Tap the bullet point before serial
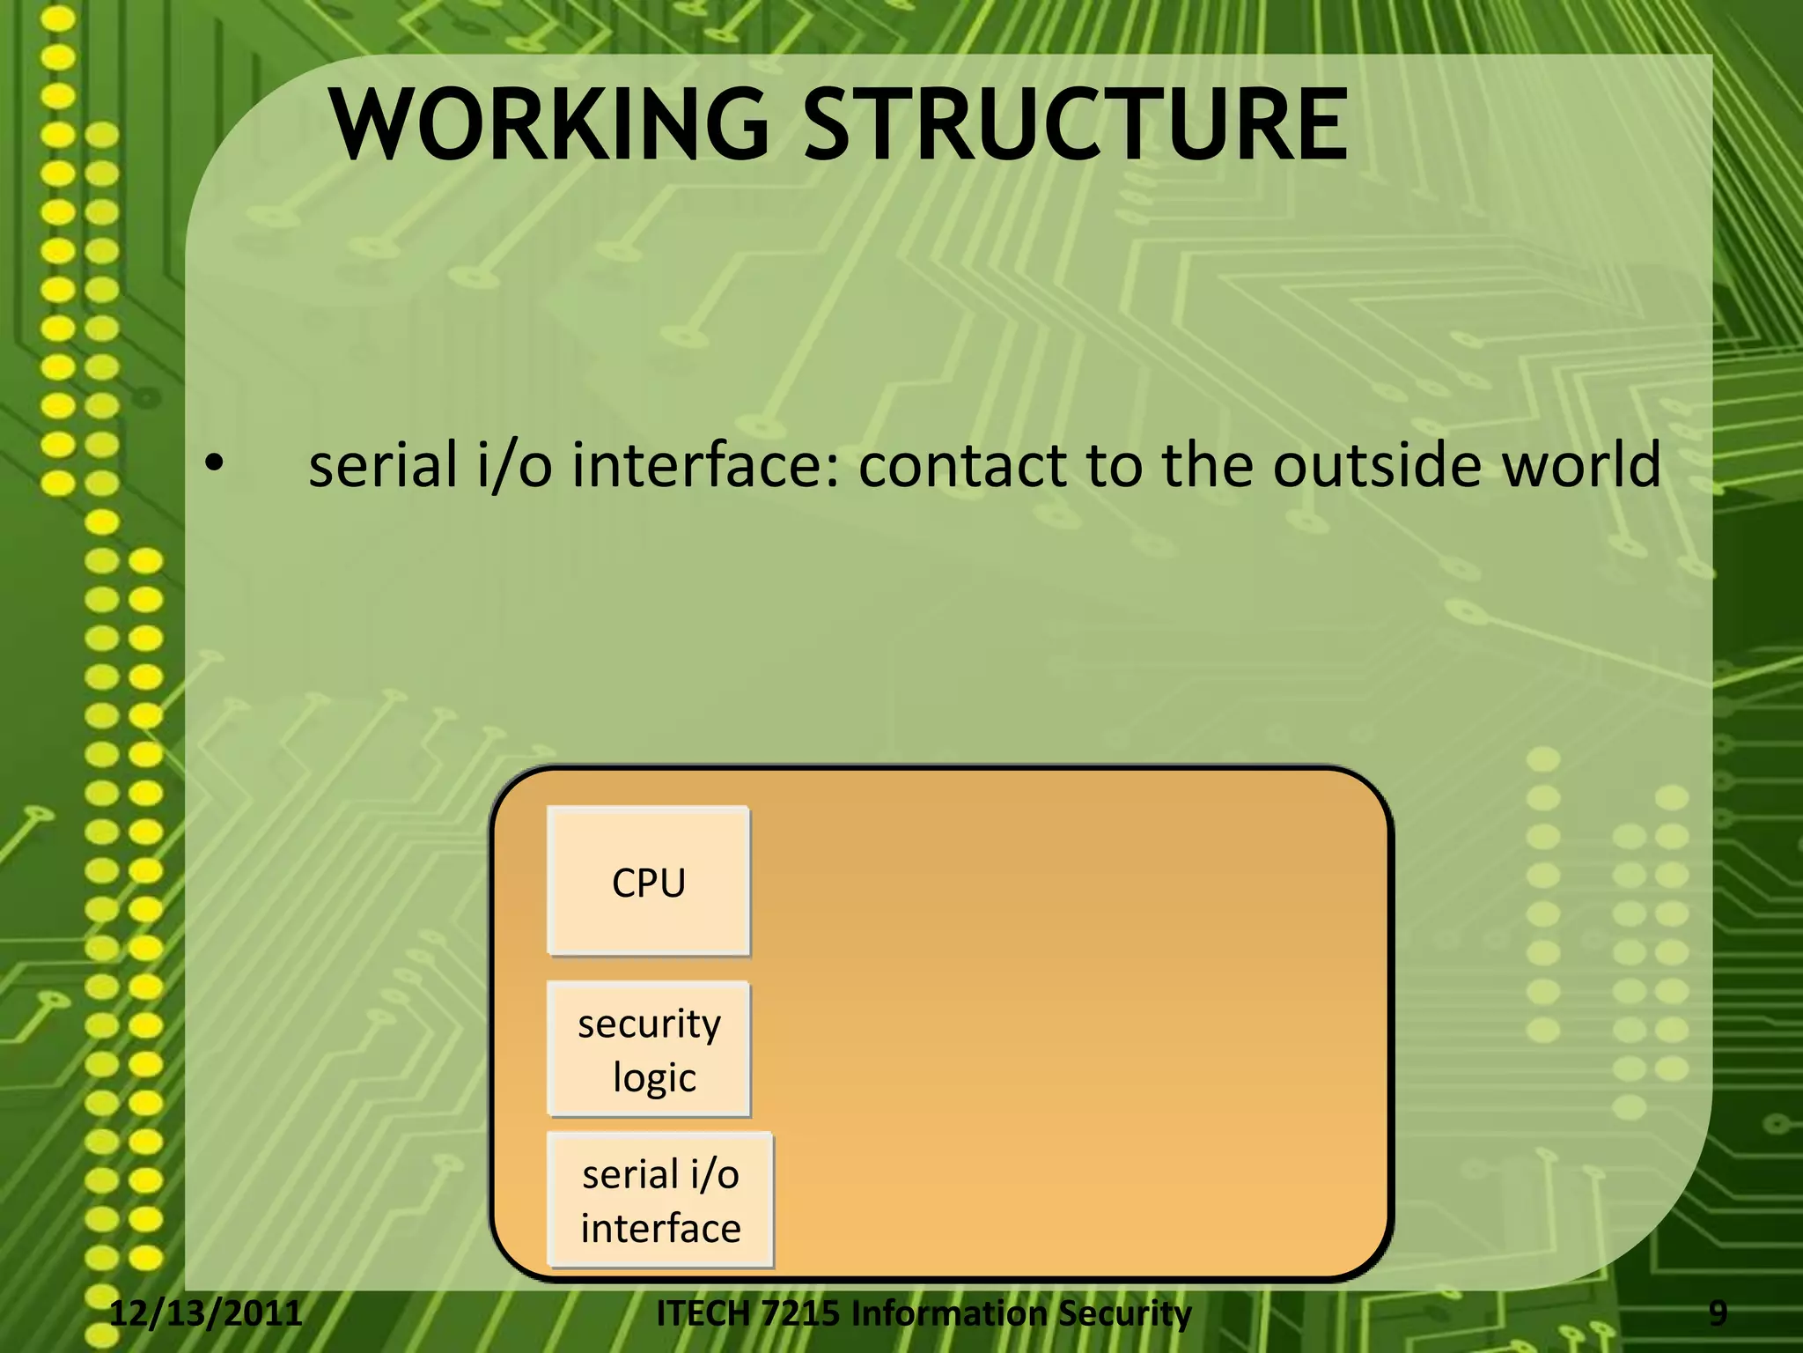[214, 465]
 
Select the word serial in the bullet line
[383, 465]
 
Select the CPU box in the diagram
[649, 882]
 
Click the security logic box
[649, 1049]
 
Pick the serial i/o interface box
[660, 1201]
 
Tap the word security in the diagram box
[649, 1024]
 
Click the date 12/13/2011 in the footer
[205, 1313]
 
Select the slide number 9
[1718, 1313]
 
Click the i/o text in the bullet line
[513, 465]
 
